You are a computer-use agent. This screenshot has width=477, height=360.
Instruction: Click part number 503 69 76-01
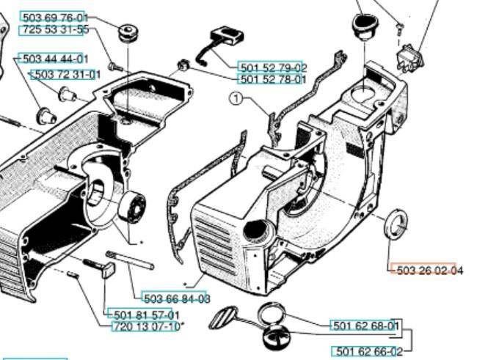coord(54,17)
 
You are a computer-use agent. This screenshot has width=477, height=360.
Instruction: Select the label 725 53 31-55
coord(54,30)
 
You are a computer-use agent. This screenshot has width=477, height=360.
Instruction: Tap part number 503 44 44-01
coord(54,59)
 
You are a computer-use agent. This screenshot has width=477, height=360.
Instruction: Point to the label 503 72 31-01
coord(65,75)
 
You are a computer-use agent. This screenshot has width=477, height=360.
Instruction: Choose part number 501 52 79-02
coord(272,67)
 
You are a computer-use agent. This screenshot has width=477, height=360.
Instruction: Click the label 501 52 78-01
coord(272,79)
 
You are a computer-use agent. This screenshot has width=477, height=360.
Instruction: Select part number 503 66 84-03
coord(176,298)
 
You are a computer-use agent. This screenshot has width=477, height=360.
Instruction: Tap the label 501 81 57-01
coord(143,315)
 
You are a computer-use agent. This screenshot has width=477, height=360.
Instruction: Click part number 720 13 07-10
coord(145,326)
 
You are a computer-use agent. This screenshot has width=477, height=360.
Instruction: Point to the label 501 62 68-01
coord(365,326)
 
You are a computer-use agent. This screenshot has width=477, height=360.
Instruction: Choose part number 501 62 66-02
coord(367,351)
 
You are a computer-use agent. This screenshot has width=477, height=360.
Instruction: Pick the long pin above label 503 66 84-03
coord(129,259)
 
